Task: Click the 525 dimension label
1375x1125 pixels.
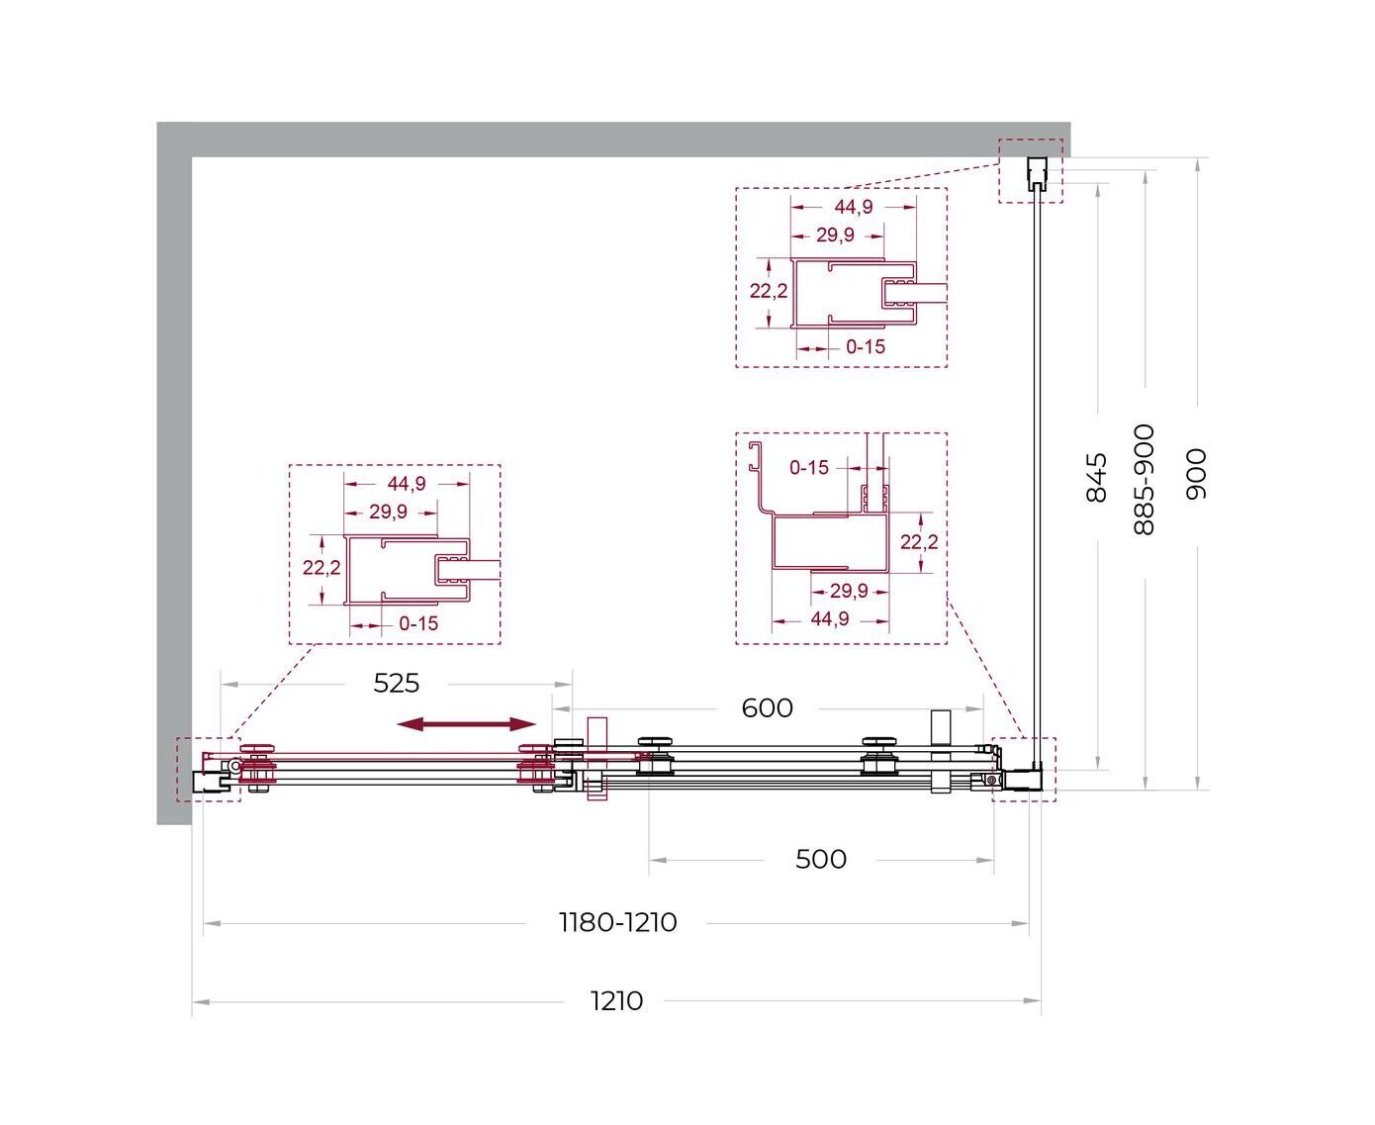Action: pos(396,684)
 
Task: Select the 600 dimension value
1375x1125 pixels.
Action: pos(767,708)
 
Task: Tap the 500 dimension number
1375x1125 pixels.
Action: pos(820,860)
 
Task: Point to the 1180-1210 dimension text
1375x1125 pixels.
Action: pos(617,923)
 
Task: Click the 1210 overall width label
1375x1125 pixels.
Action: pos(616,1001)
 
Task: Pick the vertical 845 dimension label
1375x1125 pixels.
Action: pos(1097,477)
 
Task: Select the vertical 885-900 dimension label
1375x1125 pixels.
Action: pos(1145,480)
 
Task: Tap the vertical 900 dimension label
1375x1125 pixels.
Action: pos(1196,474)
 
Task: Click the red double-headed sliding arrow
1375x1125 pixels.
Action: pos(466,724)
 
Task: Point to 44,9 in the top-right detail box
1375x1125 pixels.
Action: pos(853,207)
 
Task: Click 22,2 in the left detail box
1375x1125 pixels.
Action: pos(321,568)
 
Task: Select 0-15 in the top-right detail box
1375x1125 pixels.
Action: pos(866,347)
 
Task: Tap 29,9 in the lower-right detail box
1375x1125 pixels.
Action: pos(848,592)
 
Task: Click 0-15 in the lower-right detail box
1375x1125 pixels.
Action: pos(808,468)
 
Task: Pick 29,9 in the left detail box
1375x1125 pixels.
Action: pos(388,512)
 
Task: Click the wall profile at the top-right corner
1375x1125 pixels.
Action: pos(1038,173)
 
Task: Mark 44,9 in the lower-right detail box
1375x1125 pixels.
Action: pos(829,619)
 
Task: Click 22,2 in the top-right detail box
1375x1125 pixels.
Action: pos(768,291)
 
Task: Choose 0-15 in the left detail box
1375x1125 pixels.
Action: pos(417,624)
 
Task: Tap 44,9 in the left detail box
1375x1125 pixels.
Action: pos(407,484)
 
